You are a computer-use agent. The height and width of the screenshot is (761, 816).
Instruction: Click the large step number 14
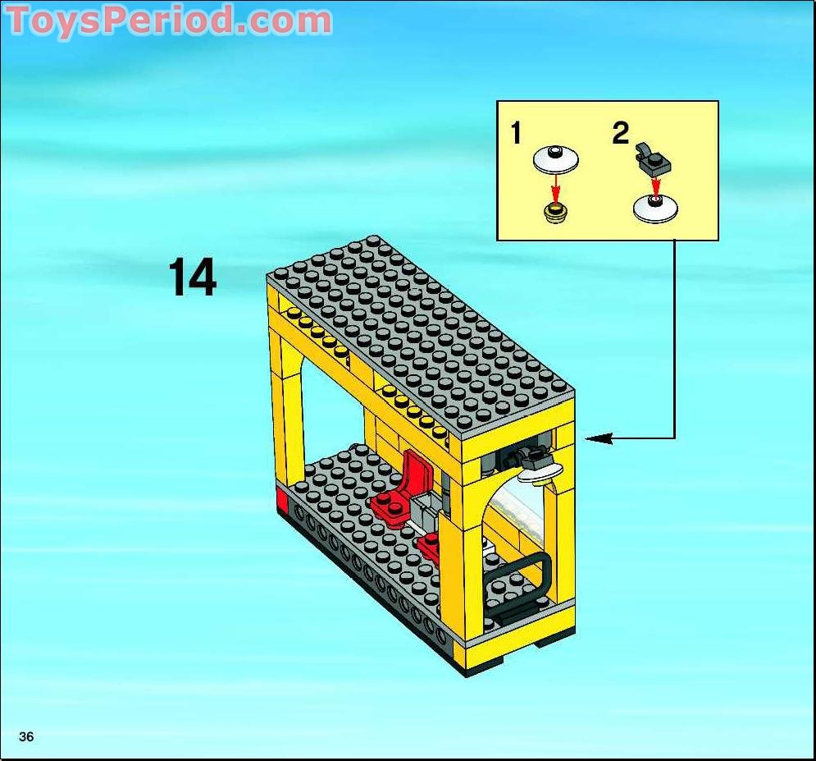(x=192, y=277)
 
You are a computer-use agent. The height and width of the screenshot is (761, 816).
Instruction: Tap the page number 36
(x=26, y=736)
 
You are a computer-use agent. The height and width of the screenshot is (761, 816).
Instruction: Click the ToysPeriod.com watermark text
(x=169, y=21)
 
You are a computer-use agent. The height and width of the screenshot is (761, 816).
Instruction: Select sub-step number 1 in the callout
(x=516, y=132)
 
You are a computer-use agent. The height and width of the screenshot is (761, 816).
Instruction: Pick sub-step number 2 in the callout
(x=620, y=132)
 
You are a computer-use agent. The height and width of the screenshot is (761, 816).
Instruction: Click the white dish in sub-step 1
(x=555, y=159)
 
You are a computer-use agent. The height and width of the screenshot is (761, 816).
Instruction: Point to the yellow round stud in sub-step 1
(x=555, y=213)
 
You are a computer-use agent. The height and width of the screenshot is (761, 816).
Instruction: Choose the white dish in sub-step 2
(x=655, y=208)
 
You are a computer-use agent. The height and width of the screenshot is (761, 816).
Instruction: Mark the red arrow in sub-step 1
(x=556, y=190)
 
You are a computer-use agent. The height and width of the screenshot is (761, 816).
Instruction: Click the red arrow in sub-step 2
(x=656, y=185)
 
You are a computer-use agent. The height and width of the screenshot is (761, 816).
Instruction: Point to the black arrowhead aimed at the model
(x=599, y=438)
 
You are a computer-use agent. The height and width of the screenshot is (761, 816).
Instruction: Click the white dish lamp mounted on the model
(x=540, y=472)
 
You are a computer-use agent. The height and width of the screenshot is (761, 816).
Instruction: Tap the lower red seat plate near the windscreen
(x=431, y=546)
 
